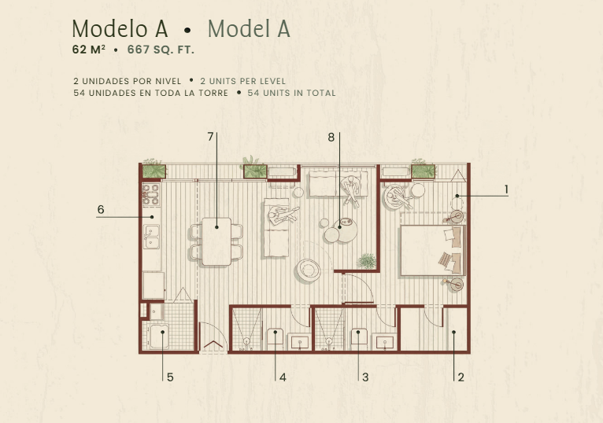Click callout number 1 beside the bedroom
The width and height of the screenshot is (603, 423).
click(x=506, y=189)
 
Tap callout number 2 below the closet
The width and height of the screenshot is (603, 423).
click(x=461, y=377)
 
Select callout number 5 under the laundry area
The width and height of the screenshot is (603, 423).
click(x=170, y=377)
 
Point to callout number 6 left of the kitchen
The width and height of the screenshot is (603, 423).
click(x=101, y=209)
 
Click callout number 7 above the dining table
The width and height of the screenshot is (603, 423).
click(x=210, y=137)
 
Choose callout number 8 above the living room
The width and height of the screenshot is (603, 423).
click(x=331, y=137)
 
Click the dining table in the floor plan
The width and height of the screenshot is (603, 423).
click(x=216, y=241)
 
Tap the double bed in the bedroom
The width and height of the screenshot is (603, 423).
click(x=433, y=250)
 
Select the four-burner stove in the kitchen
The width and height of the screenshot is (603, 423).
click(x=151, y=194)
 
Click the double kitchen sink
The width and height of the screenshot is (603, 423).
click(x=151, y=237)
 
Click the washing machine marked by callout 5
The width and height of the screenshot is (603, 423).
click(x=159, y=337)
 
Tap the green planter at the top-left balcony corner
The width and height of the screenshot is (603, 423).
click(x=154, y=171)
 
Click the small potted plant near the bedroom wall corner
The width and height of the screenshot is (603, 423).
click(x=368, y=261)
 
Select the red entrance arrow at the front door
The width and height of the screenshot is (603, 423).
click(x=213, y=344)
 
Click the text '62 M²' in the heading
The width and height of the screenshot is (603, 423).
click(x=89, y=50)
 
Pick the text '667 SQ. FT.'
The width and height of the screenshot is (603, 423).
click(x=161, y=50)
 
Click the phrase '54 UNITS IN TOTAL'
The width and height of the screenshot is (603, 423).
click(x=291, y=93)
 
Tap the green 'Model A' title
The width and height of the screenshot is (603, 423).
click(x=249, y=29)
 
